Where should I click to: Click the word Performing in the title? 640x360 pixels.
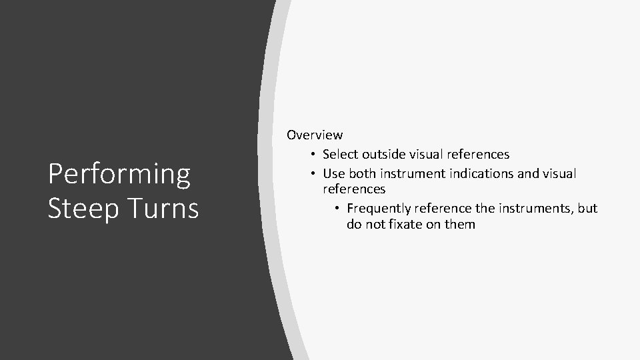pos(119,175)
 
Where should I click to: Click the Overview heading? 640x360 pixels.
pos(315,135)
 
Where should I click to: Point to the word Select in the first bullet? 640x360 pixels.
pos(339,155)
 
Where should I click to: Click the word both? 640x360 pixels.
pos(363,173)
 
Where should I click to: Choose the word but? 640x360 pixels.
pos(587,209)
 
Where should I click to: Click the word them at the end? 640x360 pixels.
pos(460,225)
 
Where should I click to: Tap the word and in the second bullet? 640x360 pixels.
pos(526,173)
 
